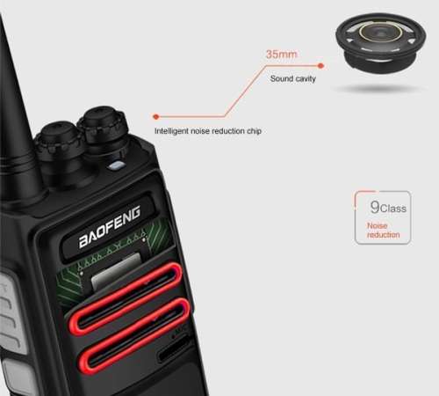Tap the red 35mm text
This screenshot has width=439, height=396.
[281, 55]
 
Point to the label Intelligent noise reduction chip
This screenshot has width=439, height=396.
[207, 131]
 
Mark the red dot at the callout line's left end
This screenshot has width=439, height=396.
[155, 115]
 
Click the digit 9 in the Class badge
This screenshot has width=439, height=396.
[374, 209]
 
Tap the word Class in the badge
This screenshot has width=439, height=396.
[392, 209]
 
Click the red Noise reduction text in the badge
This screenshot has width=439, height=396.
[383, 230]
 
